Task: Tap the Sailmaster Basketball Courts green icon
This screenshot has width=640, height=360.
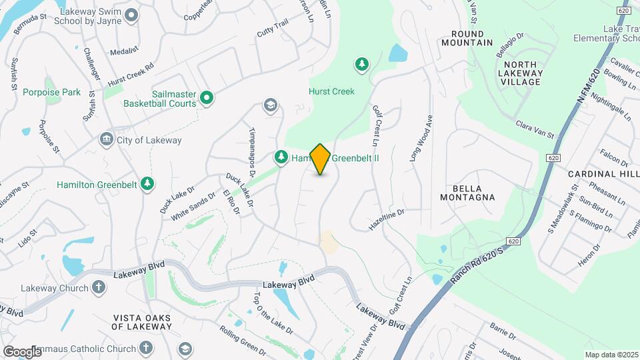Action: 207,99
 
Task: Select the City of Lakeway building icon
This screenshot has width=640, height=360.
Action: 106,140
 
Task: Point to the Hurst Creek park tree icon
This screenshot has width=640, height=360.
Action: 361,64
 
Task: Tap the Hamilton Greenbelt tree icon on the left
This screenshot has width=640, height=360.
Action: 147,183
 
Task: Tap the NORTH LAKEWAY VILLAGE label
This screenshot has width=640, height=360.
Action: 521,73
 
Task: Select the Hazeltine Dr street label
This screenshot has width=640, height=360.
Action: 387,221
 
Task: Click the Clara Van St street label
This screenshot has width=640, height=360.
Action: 535,129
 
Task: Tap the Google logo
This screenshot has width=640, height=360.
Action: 22,351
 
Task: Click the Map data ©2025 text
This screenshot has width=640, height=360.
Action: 611,355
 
